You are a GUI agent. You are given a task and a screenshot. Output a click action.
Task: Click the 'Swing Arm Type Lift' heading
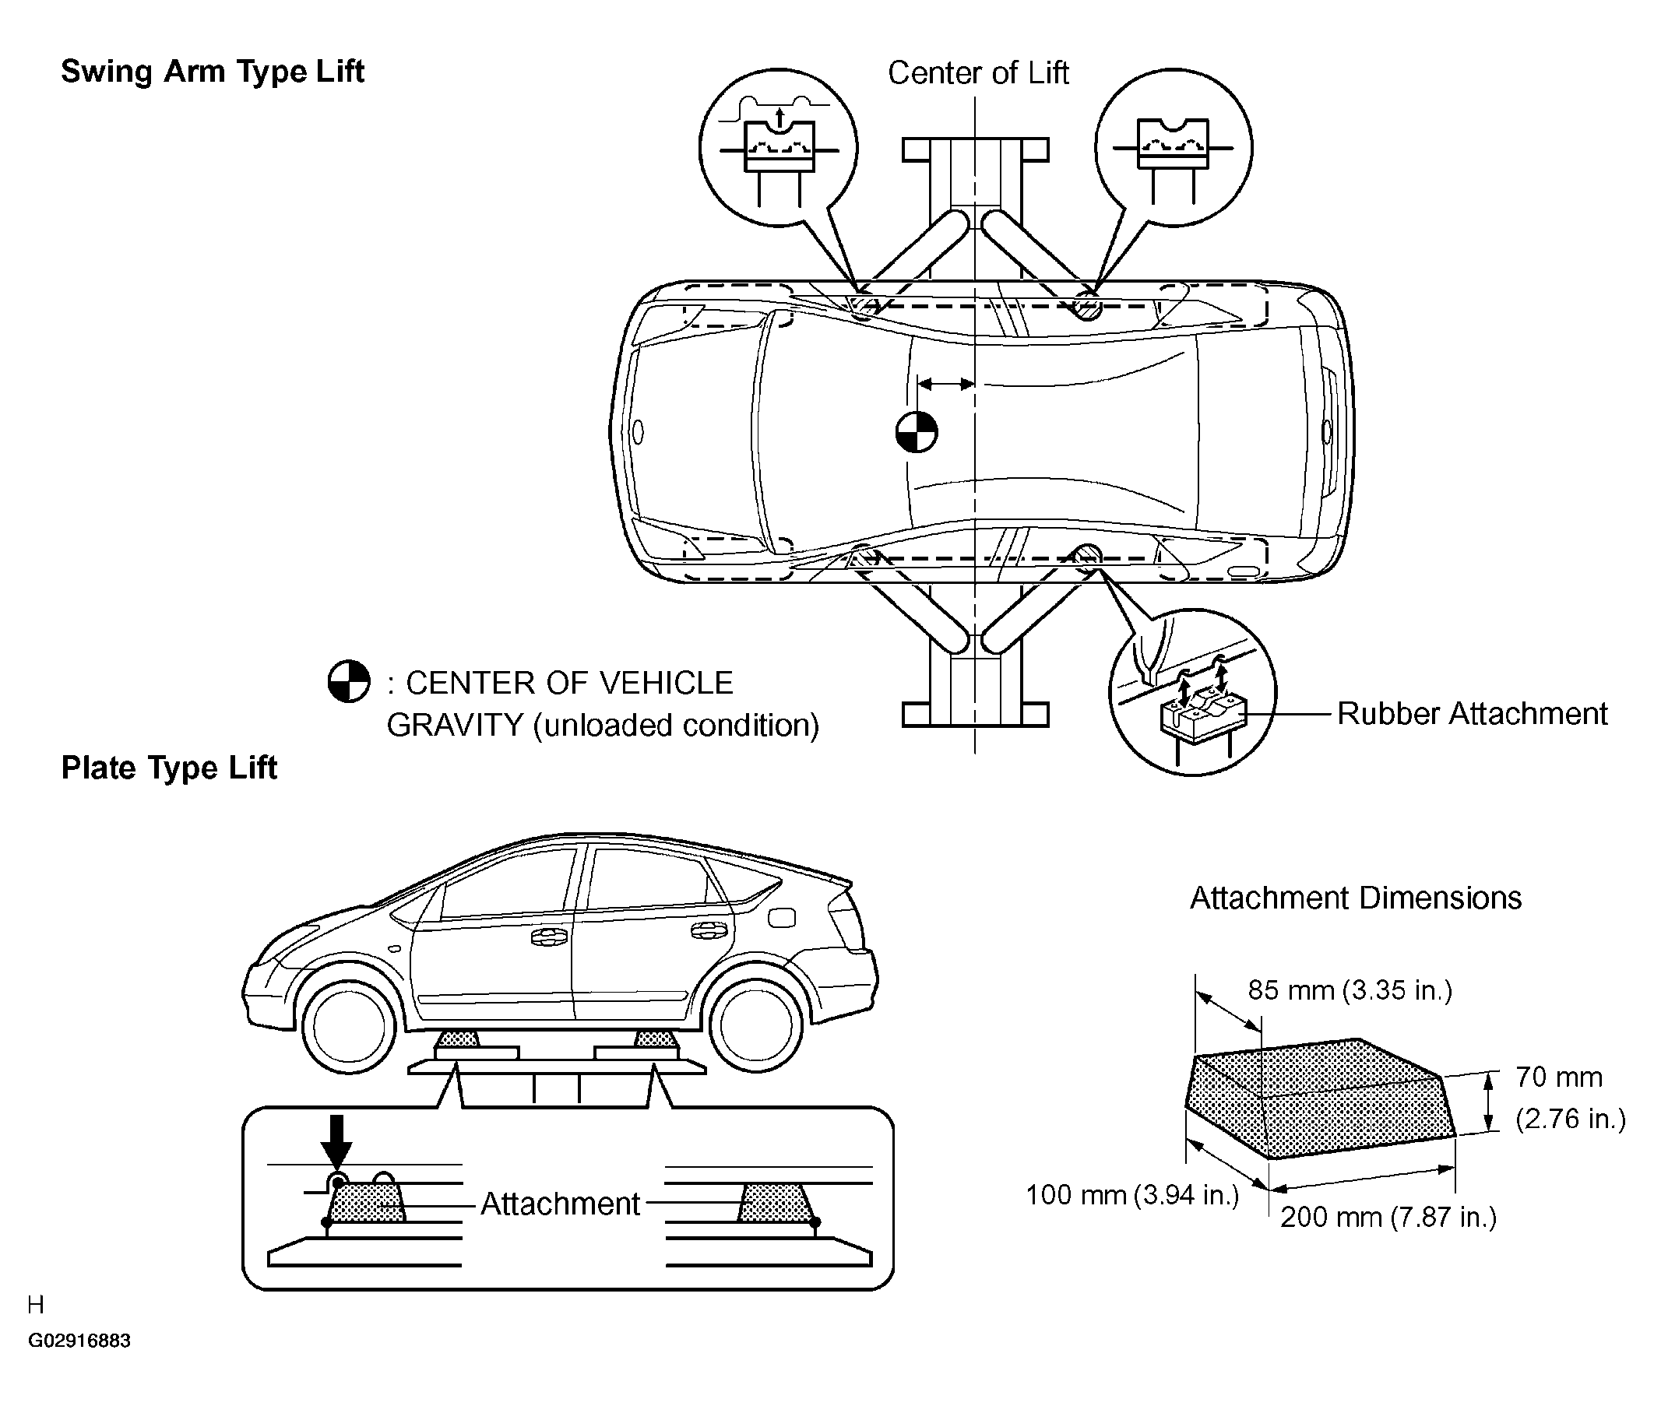tap(212, 72)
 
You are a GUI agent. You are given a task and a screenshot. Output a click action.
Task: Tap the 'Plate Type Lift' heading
tap(169, 768)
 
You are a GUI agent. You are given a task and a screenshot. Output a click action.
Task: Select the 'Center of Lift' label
tap(977, 73)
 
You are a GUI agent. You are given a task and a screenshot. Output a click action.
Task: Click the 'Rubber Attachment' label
tap(1472, 713)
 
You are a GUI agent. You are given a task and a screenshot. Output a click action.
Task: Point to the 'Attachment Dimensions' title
tap(1355, 898)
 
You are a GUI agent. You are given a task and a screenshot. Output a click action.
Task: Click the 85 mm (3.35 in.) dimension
tap(1350, 990)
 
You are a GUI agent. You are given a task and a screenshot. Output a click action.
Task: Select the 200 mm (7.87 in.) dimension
tap(1388, 1217)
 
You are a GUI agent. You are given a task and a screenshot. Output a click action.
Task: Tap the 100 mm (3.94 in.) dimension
tap(1131, 1195)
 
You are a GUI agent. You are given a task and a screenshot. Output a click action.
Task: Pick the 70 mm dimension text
tap(1558, 1077)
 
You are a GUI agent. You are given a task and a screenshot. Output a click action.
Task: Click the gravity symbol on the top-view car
tap(916, 432)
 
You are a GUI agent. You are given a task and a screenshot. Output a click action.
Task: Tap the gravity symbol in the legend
tap(348, 681)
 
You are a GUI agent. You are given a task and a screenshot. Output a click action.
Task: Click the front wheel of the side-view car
tap(349, 1028)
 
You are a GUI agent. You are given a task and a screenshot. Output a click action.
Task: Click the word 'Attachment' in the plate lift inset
tap(560, 1204)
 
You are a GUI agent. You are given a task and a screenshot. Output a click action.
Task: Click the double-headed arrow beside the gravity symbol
tap(945, 384)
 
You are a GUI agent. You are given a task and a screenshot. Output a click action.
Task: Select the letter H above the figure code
tap(36, 1305)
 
